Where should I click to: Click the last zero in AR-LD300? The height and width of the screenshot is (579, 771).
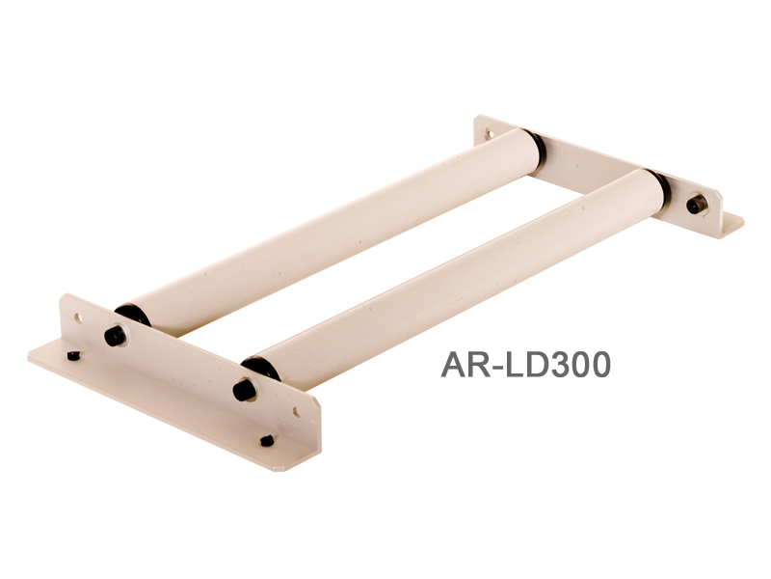coord(598,365)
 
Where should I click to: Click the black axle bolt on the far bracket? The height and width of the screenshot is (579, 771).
coord(696,205)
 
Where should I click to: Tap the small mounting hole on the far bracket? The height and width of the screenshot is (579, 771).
coord(489,133)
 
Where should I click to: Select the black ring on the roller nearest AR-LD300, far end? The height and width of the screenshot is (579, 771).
coord(659,188)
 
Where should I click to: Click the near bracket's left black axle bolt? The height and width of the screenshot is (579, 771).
coord(115,336)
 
